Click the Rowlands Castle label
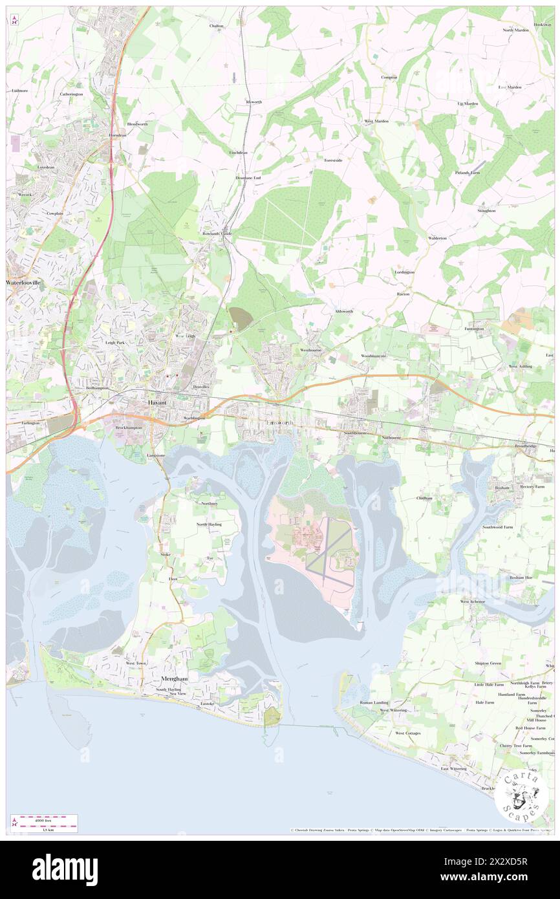[217, 233]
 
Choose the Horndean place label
[116, 135]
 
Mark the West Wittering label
[393, 710]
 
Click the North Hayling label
[209, 524]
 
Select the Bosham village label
[501, 487]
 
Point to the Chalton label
[216, 26]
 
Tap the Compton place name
[389, 77]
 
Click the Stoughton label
[486, 210]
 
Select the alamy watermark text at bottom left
[65, 869]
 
